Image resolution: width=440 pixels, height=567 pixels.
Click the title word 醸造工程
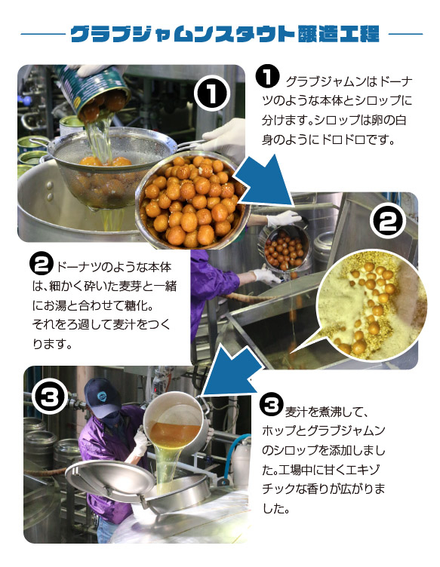point(338,34)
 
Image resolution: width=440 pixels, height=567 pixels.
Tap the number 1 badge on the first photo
point(211,93)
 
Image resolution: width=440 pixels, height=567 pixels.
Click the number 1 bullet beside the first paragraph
point(267,76)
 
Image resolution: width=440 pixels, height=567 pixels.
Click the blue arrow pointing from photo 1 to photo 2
point(265,182)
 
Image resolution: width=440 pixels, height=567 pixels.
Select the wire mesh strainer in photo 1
point(109,167)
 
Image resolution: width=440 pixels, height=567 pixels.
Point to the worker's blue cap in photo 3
point(103,397)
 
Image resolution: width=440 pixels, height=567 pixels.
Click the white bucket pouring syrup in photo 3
point(175,423)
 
